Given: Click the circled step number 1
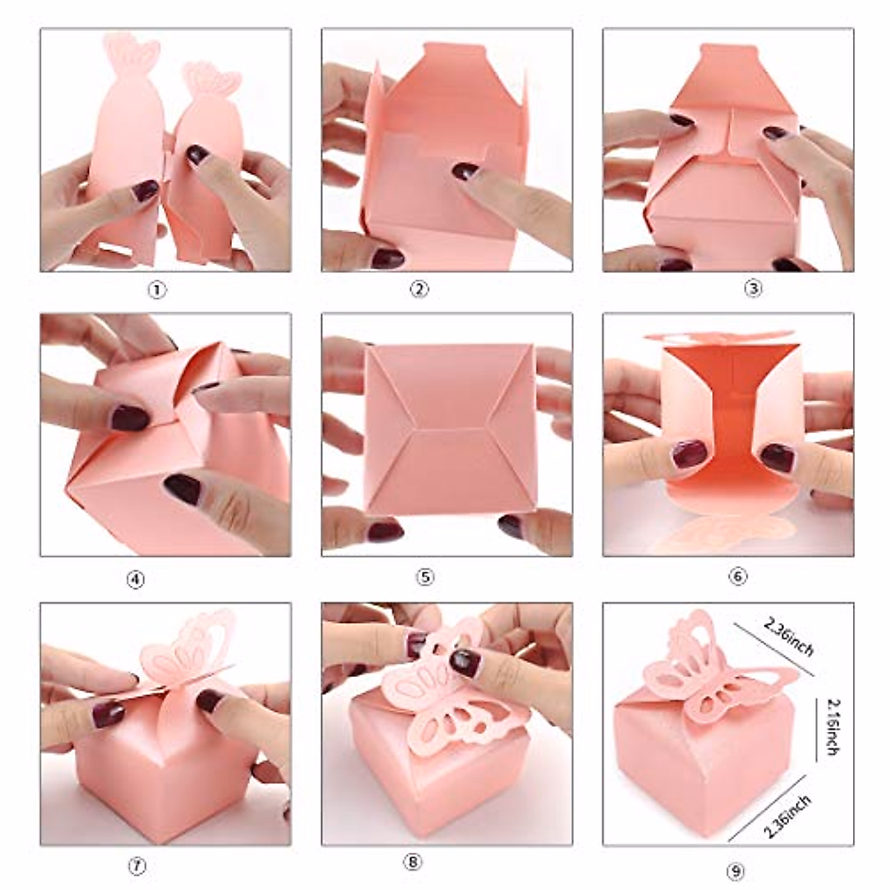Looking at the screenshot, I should [x=156, y=290].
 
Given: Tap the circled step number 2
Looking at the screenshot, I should [x=419, y=290].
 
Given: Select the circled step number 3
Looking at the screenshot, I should [x=752, y=289].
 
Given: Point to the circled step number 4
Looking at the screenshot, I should [x=136, y=579].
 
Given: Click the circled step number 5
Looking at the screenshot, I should [x=424, y=577].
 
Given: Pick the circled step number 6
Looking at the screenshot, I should [x=737, y=576].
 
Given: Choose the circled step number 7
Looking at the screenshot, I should [x=138, y=865].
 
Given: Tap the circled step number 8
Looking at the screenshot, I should [x=413, y=862].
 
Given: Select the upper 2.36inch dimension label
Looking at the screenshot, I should [x=789, y=637].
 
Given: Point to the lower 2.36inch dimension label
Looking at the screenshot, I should [x=786, y=814].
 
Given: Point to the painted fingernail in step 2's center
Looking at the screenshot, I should [x=465, y=171].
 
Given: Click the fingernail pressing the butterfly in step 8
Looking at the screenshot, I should [x=465, y=661].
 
